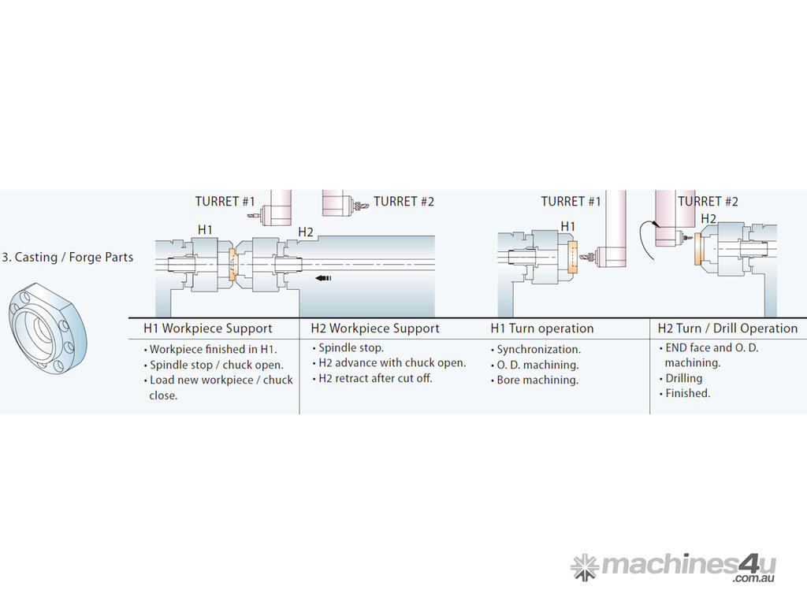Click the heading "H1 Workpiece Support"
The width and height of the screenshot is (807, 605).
[x=207, y=328]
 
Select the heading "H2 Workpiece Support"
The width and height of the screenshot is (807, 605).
[x=375, y=328]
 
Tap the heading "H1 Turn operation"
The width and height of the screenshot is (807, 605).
[x=542, y=328]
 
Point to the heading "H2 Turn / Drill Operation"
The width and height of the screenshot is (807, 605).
[x=727, y=328]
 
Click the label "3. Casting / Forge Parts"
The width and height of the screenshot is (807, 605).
[x=68, y=258]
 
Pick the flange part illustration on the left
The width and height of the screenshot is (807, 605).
[x=47, y=324]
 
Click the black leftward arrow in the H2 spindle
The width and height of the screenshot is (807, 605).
[x=323, y=277]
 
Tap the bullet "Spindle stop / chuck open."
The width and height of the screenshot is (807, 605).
[x=217, y=365]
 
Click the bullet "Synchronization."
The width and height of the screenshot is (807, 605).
[x=539, y=349]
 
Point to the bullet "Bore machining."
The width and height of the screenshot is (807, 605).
[x=537, y=380]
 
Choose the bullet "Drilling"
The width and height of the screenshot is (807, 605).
[x=683, y=378]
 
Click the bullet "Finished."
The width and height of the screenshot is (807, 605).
[x=687, y=393]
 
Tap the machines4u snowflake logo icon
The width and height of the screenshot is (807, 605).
[x=585, y=567]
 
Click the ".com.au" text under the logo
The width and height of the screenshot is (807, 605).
[x=754, y=579]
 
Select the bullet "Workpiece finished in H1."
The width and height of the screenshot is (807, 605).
[x=214, y=349]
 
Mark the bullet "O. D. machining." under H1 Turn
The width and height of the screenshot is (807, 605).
[x=537, y=365]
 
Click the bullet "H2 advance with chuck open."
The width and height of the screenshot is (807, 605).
[x=392, y=363]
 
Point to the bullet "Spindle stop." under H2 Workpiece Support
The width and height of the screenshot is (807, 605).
[x=351, y=347]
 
